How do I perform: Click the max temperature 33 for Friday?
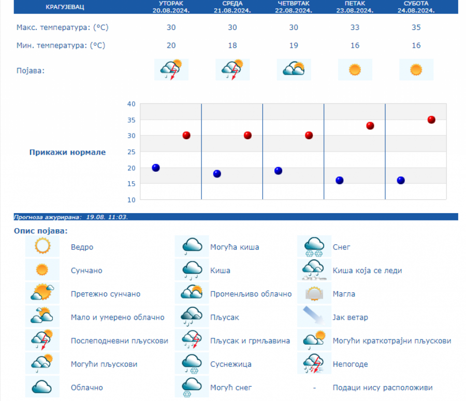tap(355, 27)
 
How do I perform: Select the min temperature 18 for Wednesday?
tap(232, 46)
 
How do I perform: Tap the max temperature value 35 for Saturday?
tap(416, 27)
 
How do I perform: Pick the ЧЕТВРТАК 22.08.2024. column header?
tap(294, 7)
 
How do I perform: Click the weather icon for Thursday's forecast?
tap(294, 69)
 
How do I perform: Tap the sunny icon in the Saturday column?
tap(416, 69)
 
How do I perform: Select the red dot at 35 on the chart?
tap(431, 120)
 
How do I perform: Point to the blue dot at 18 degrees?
tap(217, 174)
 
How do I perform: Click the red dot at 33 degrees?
tap(370, 126)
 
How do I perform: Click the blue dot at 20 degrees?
tap(156, 168)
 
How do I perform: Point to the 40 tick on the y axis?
tap(131, 104)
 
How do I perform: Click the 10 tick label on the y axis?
tap(131, 200)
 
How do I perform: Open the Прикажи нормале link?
tap(67, 152)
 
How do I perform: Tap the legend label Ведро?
tap(82, 247)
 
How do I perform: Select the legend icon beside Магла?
tap(314, 294)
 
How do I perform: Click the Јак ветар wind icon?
tap(314, 317)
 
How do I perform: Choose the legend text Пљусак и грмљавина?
tap(250, 341)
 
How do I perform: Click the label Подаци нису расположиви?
tap(382, 388)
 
